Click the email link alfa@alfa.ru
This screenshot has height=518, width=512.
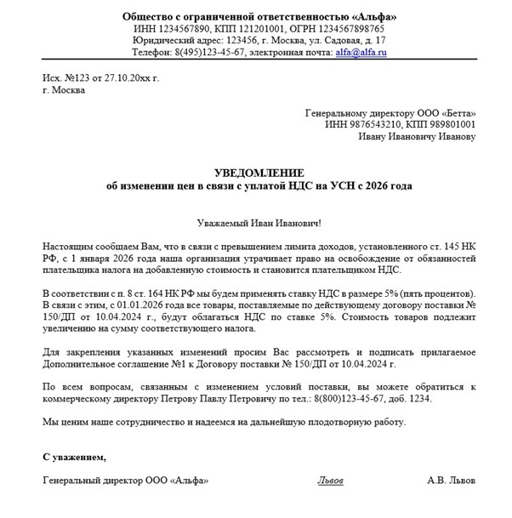point(361,53)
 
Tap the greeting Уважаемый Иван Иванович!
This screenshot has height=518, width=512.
point(259,223)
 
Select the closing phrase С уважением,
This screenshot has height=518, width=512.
point(75,457)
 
